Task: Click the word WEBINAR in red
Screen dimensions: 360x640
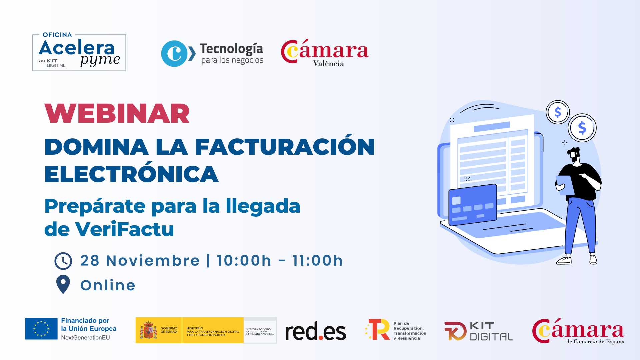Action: (117, 114)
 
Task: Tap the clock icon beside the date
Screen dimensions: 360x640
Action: (63, 261)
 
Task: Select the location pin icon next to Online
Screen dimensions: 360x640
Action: (63, 284)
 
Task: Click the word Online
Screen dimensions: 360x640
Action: (108, 286)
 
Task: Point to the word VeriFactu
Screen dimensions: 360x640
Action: (124, 229)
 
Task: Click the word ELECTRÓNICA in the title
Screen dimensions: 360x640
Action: (131, 174)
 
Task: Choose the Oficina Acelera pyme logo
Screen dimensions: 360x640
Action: (79, 53)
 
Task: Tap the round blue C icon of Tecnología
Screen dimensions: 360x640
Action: (174, 53)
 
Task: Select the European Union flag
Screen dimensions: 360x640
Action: (41, 329)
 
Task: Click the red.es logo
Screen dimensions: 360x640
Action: (315, 331)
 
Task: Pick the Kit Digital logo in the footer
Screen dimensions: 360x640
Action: (479, 331)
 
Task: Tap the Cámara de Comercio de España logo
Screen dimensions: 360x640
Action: (578, 331)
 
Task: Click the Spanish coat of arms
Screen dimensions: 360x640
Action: (148, 330)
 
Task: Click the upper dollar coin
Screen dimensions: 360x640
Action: (558, 112)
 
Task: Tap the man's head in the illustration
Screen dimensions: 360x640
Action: (575, 154)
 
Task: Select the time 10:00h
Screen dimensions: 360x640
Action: (244, 261)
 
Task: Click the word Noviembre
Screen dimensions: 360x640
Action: (153, 261)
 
